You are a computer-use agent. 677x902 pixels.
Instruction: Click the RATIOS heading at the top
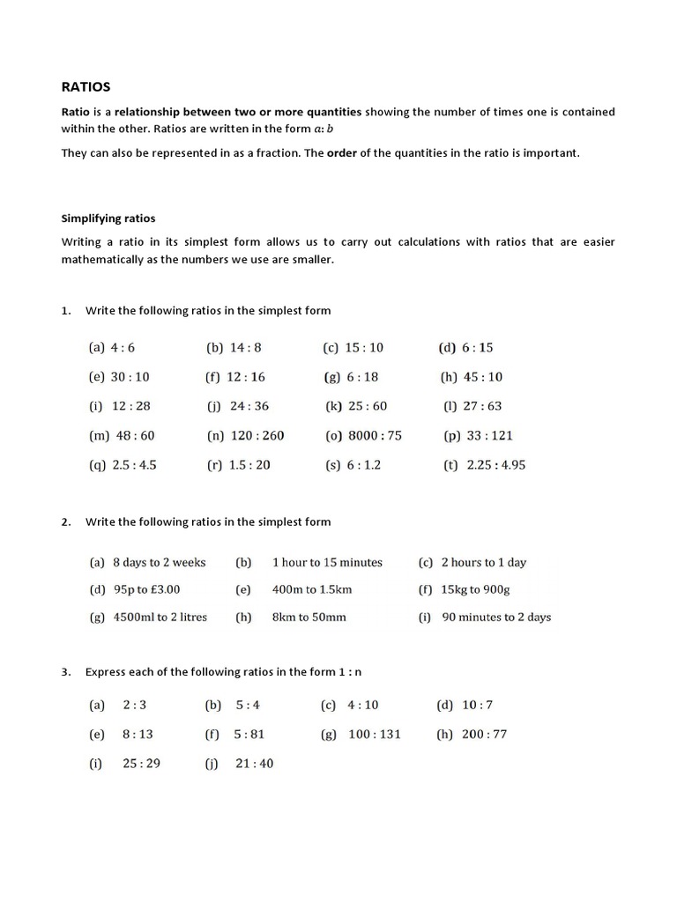86,87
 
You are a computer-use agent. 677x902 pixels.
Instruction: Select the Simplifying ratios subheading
108,218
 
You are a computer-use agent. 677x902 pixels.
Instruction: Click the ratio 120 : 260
257,435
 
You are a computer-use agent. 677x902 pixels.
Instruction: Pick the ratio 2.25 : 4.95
495,464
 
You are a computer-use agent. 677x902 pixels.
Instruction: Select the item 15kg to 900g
475,589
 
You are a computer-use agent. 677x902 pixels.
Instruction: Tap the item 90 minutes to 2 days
496,617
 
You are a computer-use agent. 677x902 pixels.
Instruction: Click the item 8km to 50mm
309,617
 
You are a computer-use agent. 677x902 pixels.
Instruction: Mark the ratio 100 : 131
374,734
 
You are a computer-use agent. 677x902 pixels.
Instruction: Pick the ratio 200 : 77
484,734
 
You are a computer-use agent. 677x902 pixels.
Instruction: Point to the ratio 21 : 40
254,763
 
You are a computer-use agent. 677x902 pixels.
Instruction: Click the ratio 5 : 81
249,734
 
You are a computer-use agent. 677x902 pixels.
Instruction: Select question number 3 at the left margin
66,671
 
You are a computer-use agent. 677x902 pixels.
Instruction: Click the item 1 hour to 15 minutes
327,562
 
